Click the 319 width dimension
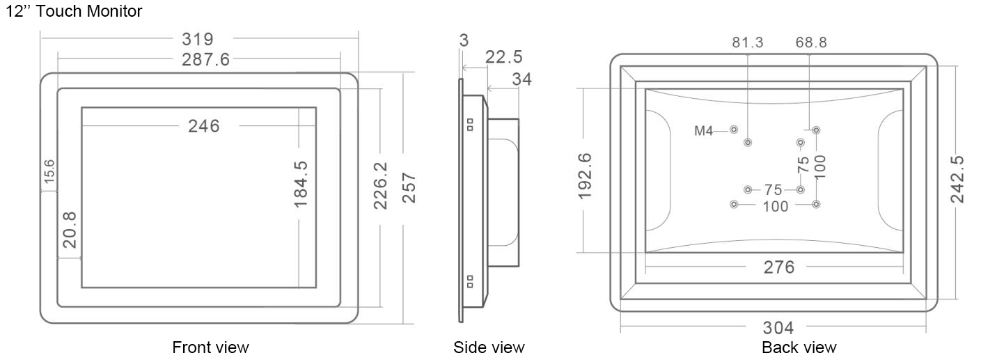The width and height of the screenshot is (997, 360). (198, 39)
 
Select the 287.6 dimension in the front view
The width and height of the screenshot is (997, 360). (205, 59)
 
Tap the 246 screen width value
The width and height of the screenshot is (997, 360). (204, 126)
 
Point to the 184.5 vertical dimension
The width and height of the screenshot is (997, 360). (301, 185)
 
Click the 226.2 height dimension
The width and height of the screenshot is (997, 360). (381, 185)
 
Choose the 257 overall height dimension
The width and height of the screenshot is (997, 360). (409, 188)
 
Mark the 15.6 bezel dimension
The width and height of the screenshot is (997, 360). (49, 171)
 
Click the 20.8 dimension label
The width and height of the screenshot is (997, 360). (70, 230)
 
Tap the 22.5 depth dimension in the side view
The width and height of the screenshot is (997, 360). (504, 57)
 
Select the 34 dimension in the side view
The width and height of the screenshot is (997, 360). (521, 79)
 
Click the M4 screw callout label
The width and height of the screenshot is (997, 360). (704, 131)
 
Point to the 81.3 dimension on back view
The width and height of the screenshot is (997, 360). (748, 42)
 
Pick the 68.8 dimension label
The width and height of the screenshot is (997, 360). (811, 42)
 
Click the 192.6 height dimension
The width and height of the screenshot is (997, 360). (585, 176)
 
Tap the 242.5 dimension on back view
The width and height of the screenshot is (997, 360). (957, 180)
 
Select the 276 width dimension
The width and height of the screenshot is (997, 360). (779, 267)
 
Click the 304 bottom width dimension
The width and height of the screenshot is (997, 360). (778, 328)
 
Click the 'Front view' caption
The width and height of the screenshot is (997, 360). (210, 347)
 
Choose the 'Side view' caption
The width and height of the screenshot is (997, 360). (489, 347)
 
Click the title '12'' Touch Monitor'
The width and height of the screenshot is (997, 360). (74, 11)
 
